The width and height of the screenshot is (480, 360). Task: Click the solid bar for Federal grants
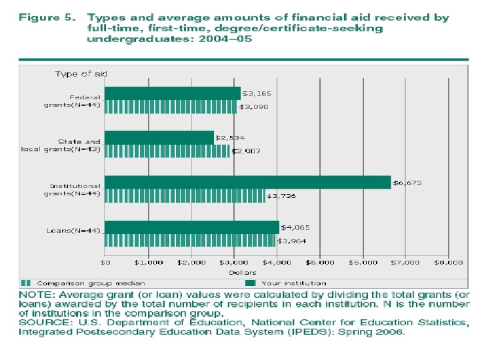coord(172,93)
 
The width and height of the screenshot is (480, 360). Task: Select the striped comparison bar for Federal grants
coord(171,106)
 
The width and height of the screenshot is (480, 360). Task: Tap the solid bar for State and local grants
coord(159,137)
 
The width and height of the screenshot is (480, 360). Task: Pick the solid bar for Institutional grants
coord(247,182)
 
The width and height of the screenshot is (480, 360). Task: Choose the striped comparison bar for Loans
coord(189,240)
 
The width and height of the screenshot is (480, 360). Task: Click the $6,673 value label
coord(407,182)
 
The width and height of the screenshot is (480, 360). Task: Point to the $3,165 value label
coord(257,93)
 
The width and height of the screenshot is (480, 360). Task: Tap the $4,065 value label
coord(295,227)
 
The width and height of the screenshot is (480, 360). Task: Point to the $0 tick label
coord(105,263)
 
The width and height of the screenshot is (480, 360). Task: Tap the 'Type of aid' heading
coord(81,74)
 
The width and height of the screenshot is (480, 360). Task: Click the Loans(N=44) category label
coord(73,231)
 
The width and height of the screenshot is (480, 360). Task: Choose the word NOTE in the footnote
coord(34,294)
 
